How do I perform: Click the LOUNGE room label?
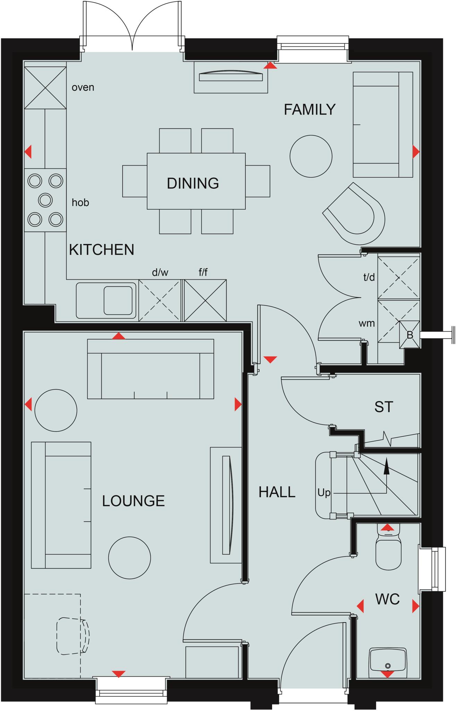click(x=133, y=501)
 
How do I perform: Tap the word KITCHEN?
click(x=101, y=250)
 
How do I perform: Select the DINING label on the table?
click(x=193, y=183)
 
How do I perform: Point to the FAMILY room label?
click(x=310, y=109)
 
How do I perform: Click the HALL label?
click(x=277, y=492)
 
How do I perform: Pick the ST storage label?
click(x=383, y=407)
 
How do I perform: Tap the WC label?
click(x=387, y=599)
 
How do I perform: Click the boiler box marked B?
click(x=410, y=335)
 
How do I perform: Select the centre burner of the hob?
click(x=45, y=200)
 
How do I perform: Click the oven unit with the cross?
click(x=45, y=88)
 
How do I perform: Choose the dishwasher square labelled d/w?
click(x=160, y=300)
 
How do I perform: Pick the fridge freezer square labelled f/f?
click(x=205, y=300)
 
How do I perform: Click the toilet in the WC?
click(x=388, y=553)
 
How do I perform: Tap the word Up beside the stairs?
click(x=324, y=493)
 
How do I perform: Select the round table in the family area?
click(x=311, y=156)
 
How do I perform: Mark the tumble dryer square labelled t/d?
click(x=398, y=277)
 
